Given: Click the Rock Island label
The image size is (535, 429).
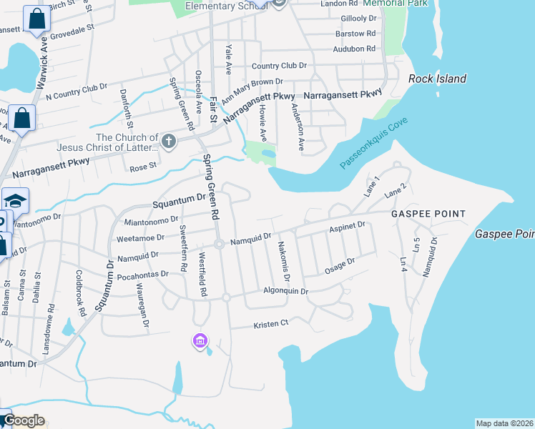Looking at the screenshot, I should pos(437,79).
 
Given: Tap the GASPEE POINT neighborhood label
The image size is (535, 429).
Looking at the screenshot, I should pos(428,214).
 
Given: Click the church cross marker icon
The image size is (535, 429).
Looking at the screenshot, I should pos(168,140).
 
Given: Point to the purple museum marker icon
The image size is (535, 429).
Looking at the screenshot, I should pos(200,342).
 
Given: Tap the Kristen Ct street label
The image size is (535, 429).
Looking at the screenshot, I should pos(270,325).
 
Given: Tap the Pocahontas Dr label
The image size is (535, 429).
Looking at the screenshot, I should pos(143,274).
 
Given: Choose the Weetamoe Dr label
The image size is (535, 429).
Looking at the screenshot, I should pos(140,237).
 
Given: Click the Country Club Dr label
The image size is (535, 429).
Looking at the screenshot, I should pos(279,66).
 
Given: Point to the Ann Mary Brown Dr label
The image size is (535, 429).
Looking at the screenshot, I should pos(252,91).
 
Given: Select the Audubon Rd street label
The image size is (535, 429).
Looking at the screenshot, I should pos(354,49).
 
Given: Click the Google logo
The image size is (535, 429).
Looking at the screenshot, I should pos(24,420).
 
